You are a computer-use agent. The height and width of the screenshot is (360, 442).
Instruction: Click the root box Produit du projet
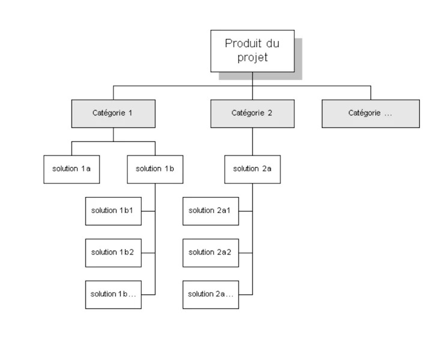tap(252, 50)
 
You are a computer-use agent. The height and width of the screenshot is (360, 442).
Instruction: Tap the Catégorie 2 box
tap(252, 113)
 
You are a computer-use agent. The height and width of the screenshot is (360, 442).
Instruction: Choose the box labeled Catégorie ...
tap(370, 113)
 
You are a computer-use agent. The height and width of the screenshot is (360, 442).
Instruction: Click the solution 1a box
tap(71, 169)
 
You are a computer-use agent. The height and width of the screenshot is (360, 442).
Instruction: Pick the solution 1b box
tap(155, 169)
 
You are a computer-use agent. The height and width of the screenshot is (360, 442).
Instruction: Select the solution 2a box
tap(252, 169)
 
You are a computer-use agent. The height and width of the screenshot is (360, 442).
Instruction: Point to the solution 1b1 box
tap(113, 210)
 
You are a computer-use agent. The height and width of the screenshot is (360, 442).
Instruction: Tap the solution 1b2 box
tap(113, 252)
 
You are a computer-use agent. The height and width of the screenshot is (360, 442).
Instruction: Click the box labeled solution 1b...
tap(113, 294)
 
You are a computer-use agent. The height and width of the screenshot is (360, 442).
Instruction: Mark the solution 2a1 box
tap(210, 210)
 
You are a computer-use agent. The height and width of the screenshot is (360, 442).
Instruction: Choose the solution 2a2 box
tap(210, 252)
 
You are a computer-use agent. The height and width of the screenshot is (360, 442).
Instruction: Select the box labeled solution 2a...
tap(210, 294)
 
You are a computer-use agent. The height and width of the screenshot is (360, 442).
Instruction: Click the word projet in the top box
tap(252, 58)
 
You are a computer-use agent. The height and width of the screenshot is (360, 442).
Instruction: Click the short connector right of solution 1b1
tap(148, 211)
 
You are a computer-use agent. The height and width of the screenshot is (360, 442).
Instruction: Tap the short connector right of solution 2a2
tap(245, 252)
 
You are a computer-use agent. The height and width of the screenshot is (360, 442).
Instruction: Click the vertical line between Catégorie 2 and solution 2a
tap(252, 141)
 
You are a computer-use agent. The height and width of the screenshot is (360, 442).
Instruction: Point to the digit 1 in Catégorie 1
tap(130, 113)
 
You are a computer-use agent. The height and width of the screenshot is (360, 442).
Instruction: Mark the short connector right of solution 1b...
tap(148, 294)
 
